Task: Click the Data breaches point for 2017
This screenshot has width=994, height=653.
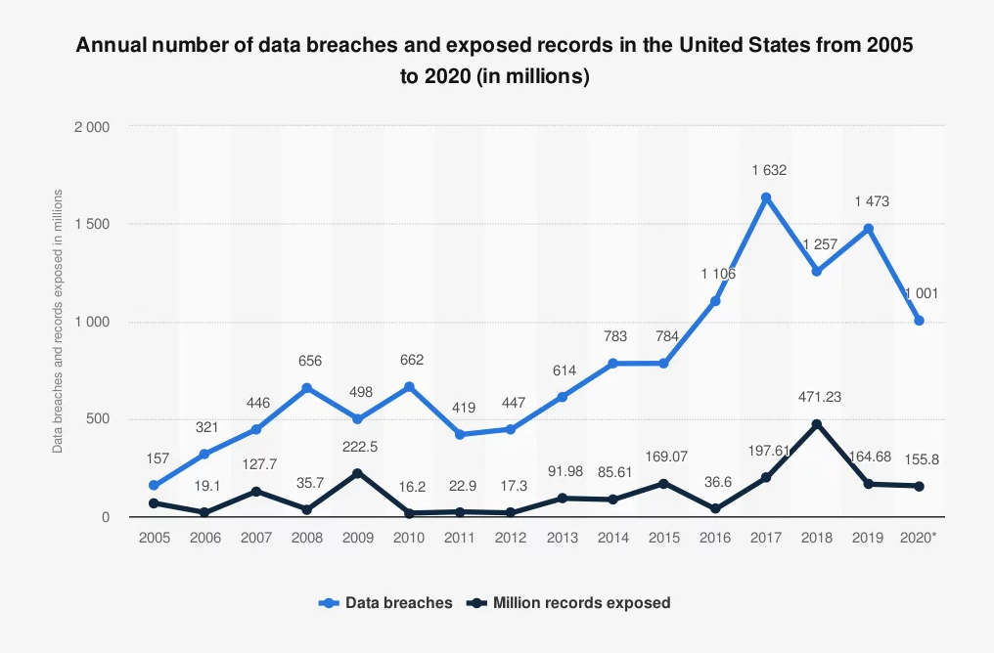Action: point(766,197)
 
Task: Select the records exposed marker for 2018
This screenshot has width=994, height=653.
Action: point(817,424)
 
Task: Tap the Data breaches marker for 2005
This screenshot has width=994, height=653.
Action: point(153,486)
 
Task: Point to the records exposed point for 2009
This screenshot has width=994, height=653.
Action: point(357,473)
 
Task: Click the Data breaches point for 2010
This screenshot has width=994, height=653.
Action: point(408,387)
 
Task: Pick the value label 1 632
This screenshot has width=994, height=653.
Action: point(769,170)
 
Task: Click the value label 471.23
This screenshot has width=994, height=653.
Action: point(820,397)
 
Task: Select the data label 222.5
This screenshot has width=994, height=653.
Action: point(357,446)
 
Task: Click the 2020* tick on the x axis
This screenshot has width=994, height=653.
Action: point(920,538)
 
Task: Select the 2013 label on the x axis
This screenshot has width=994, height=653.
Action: point(562,538)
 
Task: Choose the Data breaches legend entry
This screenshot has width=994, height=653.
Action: point(386,603)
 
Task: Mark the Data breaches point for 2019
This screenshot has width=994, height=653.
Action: point(868,229)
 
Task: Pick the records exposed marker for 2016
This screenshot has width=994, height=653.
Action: point(715,509)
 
